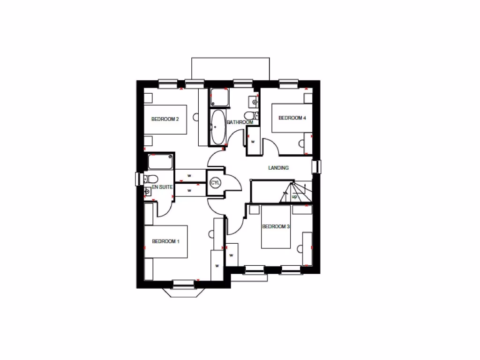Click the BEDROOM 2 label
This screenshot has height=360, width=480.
165,119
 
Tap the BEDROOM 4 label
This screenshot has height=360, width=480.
292,118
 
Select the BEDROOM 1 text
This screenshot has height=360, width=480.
165,241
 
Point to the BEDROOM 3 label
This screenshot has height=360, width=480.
276,227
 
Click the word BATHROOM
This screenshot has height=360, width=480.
240,122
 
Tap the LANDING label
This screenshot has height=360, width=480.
278,168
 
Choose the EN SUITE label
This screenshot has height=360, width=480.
162,187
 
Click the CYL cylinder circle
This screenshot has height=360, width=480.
216,182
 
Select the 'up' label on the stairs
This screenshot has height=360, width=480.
294,197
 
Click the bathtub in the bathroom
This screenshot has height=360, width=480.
218,127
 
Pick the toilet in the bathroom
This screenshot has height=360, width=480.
249,115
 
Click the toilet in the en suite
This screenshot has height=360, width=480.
150,179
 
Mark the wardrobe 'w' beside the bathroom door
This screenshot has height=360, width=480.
253,142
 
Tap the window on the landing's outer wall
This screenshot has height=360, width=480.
316,166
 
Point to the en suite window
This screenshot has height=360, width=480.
138,179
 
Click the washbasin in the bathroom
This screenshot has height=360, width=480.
253,100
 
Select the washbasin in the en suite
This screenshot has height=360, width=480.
148,190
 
